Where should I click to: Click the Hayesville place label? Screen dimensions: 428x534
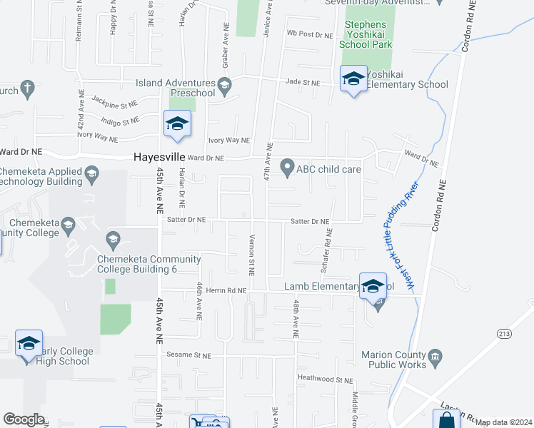coord(159,158)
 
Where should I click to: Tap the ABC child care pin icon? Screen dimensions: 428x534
coord(287,168)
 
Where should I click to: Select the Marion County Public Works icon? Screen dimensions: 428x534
coord(435,355)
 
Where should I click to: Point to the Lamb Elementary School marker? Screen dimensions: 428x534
coord(372,286)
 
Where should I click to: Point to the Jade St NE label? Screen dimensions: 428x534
coord(302,83)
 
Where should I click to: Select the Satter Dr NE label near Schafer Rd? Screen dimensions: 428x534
coord(310,222)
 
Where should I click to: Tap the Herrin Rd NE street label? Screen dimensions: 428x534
coord(226,290)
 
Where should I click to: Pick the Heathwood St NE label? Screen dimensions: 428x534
coord(325,380)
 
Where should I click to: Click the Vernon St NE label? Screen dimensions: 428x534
coord(251,255)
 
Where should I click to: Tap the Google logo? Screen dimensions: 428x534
coord(24,419)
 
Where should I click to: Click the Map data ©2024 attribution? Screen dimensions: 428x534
coord(504,422)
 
